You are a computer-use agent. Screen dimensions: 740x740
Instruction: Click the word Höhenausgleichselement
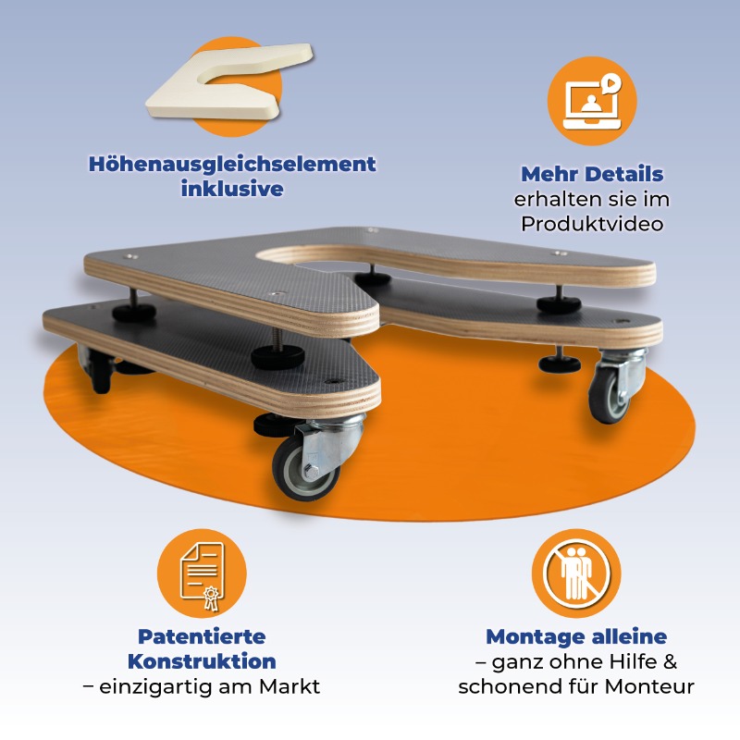[232, 165]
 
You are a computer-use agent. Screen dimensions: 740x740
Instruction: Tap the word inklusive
[232, 189]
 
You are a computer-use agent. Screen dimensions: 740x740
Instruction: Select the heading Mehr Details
[592, 174]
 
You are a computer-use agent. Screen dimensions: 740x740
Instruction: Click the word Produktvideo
[592, 224]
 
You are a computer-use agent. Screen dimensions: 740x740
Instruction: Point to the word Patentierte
[202, 636]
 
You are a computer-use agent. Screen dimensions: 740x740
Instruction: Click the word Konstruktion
[202, 661]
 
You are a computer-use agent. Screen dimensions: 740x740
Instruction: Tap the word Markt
[290, 686]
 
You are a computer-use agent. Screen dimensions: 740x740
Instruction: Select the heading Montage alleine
[576, 636]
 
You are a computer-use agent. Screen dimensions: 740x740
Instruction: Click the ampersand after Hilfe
[670, 661]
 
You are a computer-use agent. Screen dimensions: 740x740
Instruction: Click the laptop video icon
[592, 101]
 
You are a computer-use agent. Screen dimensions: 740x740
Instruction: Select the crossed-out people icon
[576, 573]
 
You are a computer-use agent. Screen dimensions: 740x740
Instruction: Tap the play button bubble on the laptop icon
[611, 83]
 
